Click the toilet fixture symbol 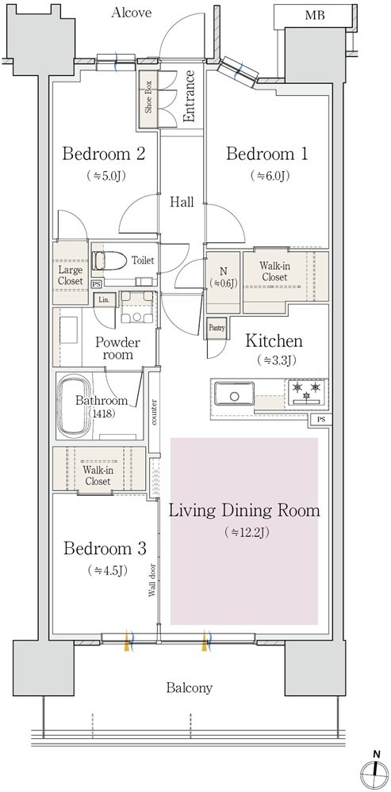pos(109,261)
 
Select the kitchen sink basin pos(234,394)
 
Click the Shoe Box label pos(149,100)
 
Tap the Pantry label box pos(217,328)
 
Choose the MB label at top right pos(314,16)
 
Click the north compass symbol pos(374,773)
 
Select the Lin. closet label pos(105,299)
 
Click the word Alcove pos(132,12)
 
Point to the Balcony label pos(190,687)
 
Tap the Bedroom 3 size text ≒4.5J pos(107,571)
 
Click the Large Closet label pos(70,274)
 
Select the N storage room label pos(223,276)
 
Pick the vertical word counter pos(153,412)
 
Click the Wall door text pos(151,580)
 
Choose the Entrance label pos(190,96)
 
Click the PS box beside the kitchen pos(321,419)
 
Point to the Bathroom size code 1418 pos(102,413)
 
